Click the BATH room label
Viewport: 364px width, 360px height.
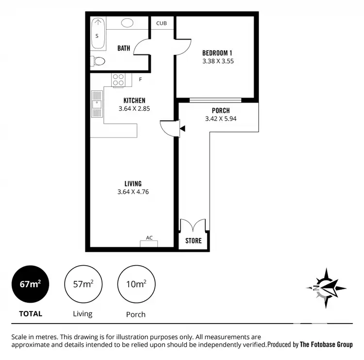[124, 48]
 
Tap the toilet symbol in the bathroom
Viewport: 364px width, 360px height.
[98, 61]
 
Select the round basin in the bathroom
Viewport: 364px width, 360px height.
[128, 22]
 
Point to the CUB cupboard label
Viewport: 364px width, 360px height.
[162, 23]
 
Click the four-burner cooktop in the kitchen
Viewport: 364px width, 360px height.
[119, 80]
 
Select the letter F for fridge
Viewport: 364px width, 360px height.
[141, 79]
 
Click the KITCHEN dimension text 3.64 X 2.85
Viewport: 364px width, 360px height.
[134, 109]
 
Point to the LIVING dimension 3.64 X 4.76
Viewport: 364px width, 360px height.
[133, 192]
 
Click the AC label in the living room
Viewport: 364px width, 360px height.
[149, 238]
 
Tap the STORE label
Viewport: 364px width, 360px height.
[193, 241]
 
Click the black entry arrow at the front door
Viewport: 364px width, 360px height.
[182, 129]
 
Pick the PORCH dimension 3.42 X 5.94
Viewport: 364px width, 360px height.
[220, 119]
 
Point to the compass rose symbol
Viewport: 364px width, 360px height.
[326, 288]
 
